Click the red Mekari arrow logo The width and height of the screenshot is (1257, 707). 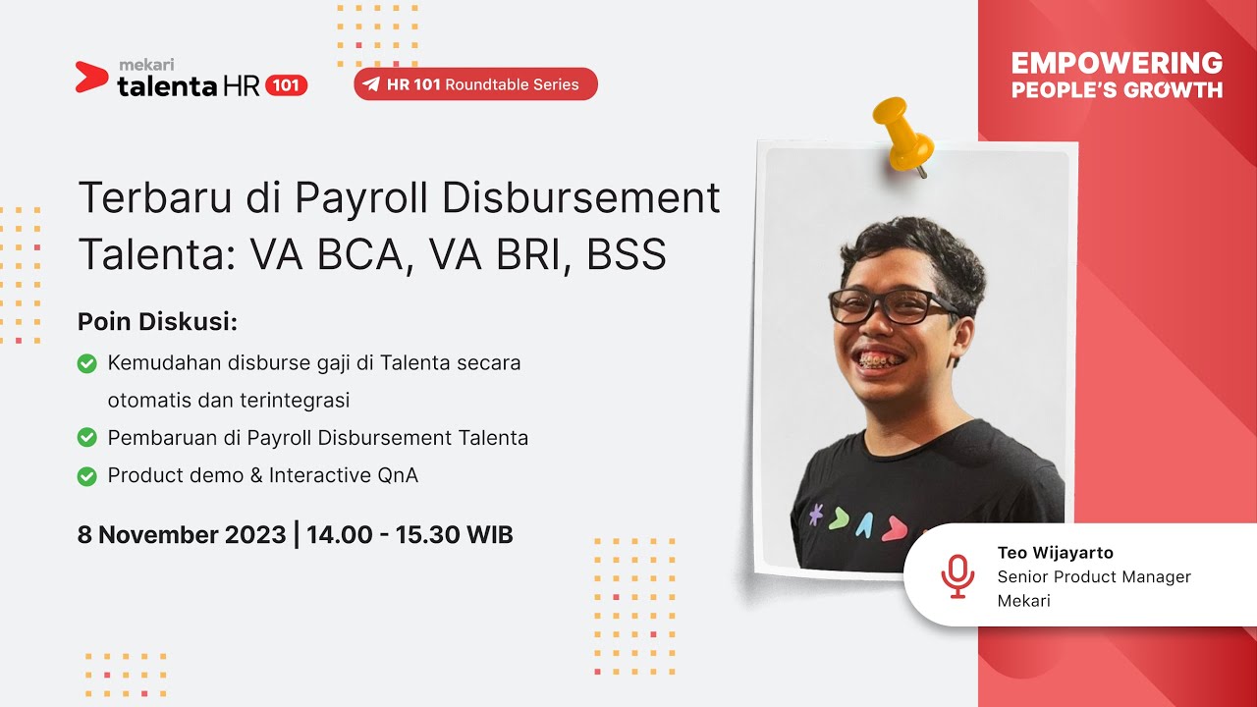click(91, 77)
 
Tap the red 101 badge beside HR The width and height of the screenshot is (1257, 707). click(286, 85)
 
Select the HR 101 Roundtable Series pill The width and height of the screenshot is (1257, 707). click(475, 84)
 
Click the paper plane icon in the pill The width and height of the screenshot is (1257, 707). click(371, 84)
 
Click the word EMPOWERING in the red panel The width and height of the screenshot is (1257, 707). click(1117, 64)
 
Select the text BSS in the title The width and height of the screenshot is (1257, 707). click(627, 255)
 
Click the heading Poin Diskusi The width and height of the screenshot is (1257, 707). click(158, 322)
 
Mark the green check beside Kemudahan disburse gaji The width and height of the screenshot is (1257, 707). click(87, 363)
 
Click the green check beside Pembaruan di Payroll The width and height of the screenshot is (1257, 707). click(87, 438)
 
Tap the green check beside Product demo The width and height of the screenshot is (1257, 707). click(87, 476)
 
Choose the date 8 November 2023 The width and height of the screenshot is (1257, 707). click(182, 535)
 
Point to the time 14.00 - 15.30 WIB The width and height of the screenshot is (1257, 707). click(410, 535)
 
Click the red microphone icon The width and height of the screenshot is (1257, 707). click(956, 575)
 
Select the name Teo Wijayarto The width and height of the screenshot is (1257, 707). click(1055, 553)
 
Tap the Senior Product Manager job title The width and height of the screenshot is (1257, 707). click(1094, 576)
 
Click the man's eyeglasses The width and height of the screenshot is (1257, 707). click(889, 306)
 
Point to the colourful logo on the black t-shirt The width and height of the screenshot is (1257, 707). click(855, 522)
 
